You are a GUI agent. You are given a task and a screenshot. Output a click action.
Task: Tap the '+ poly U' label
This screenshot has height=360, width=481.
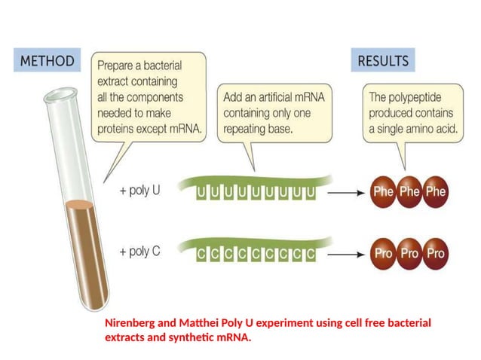coord(139,190)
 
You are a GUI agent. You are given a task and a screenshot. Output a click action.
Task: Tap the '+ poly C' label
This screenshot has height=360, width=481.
coord(139,252)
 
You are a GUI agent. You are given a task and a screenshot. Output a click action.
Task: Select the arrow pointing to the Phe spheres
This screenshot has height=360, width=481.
coord(347,192)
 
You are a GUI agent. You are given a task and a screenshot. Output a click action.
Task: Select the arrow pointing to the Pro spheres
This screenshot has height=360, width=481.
coord(347,254)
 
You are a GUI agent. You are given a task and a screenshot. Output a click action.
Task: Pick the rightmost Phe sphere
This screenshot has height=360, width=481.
coord(436,191)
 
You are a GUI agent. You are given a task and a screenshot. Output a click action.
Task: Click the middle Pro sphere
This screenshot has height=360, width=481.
coord(409,253)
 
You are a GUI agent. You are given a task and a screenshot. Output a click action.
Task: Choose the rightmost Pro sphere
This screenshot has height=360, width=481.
coord(436,253)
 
